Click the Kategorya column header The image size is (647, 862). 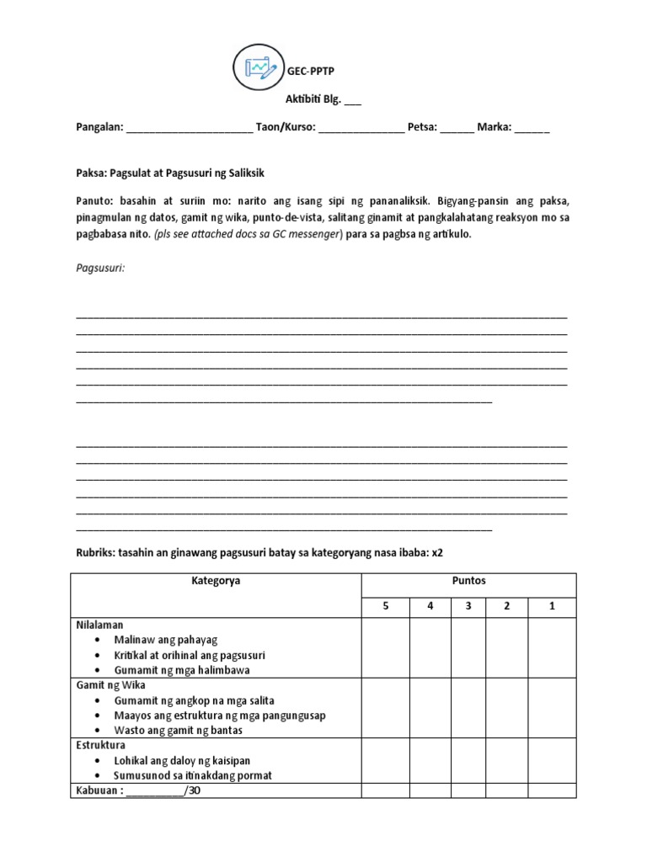point(216,581)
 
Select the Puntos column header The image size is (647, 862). point(469,581)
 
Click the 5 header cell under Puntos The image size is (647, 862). point(386,606)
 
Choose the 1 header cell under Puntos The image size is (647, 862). point(552,606)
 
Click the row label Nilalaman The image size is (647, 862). point(99,625)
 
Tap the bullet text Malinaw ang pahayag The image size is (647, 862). point(165,641)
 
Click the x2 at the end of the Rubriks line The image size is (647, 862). point(436,553)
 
